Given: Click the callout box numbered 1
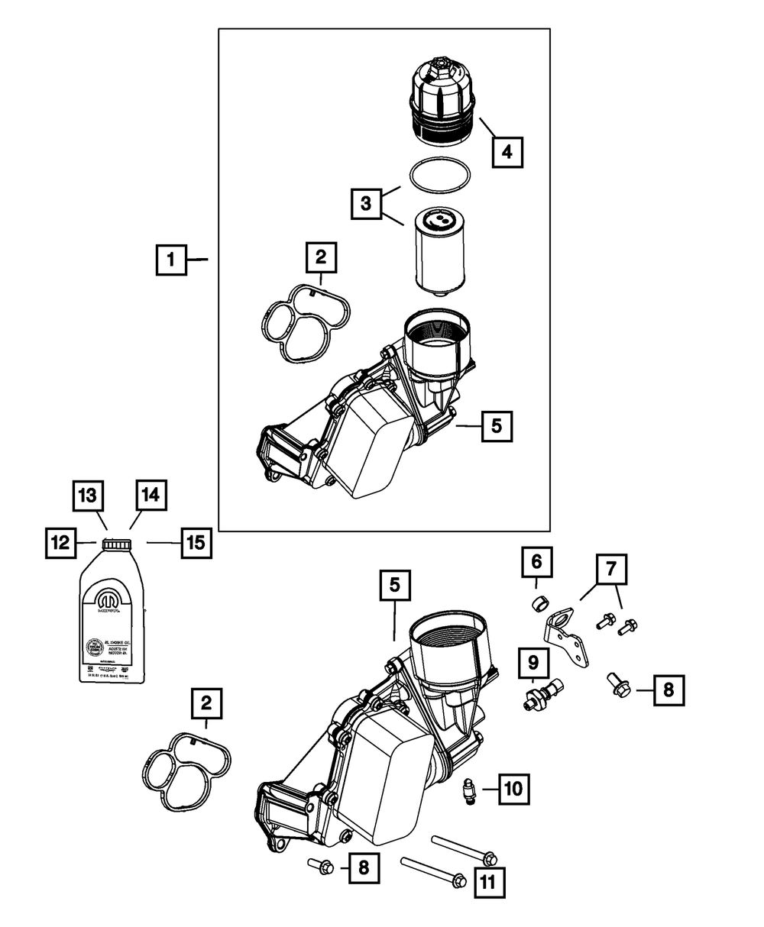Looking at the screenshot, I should point(172,260).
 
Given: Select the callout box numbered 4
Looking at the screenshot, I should point(507,151).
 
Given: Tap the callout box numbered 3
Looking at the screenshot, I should point(367,204).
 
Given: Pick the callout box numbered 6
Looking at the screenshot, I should point(537,564).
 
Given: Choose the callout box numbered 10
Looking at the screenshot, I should point(513,787).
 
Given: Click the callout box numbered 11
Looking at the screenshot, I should point(489,883).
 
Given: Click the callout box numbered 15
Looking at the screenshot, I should point(196,543).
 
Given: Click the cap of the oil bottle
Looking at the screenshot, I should point(117,543).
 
